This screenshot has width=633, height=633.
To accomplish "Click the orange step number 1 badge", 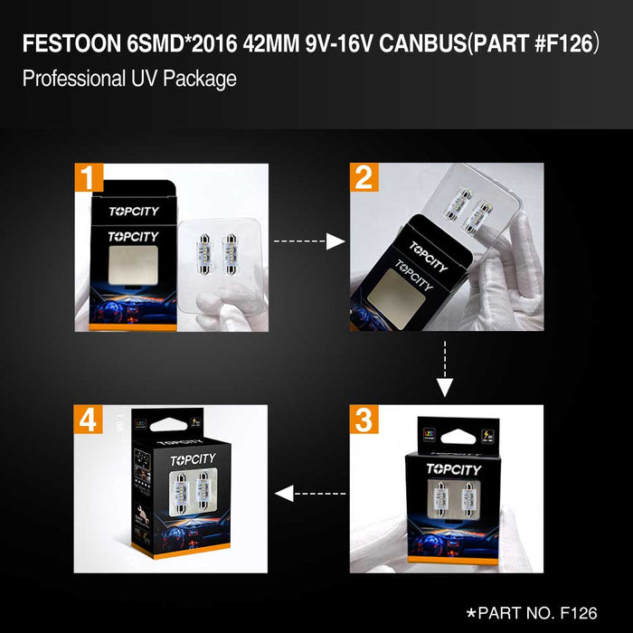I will [x=89, y=177].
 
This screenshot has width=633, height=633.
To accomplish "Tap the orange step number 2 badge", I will [x=364, y=177].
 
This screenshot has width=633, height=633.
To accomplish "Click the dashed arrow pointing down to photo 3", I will [x=445, y=371].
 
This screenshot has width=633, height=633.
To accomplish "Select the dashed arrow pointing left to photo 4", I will [x=309, y=494].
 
